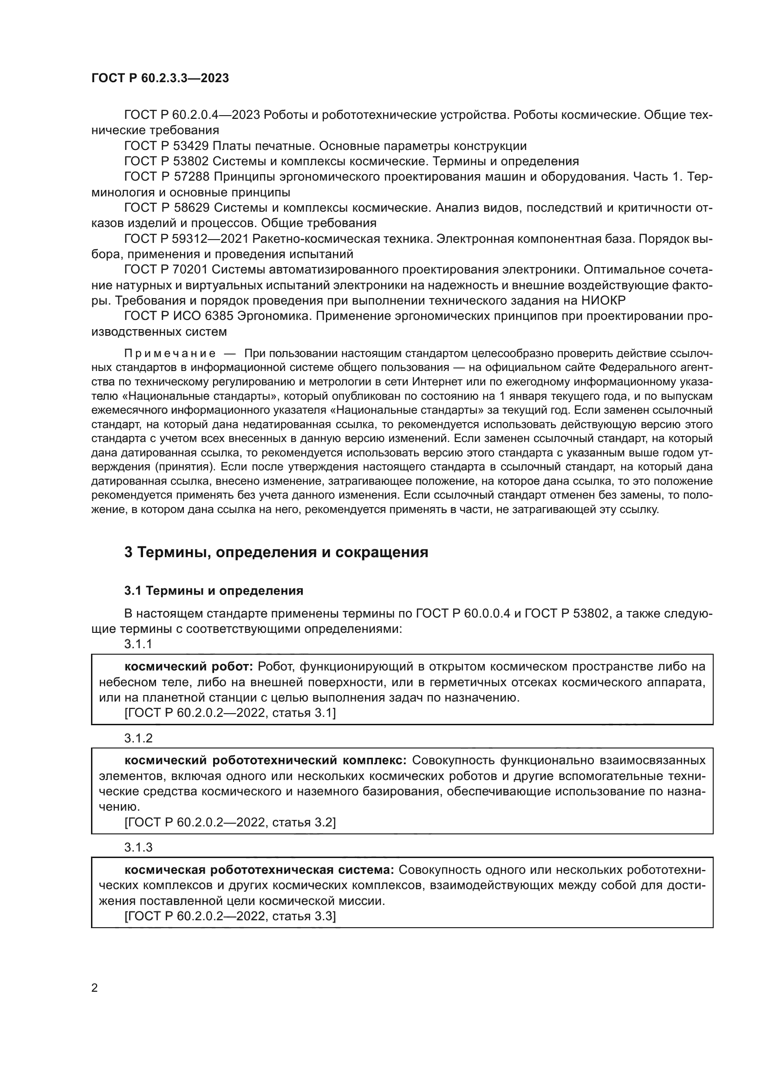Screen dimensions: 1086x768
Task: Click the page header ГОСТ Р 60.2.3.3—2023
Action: coord(160,78)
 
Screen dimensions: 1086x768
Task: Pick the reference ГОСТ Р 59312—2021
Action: coord(187,239)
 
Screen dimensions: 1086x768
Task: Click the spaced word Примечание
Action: coord(170,354)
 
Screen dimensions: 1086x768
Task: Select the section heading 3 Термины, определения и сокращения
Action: coord(276,552)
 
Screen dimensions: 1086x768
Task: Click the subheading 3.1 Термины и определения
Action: coord(214,591)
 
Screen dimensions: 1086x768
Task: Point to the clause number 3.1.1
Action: coord(138,644)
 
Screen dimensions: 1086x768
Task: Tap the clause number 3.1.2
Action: coord(138,738)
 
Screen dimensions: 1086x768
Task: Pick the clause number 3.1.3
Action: coord(138,847)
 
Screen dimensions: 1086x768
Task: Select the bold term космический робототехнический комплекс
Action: coord(265,761)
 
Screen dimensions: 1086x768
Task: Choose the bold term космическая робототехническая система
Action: coord(259,870)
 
